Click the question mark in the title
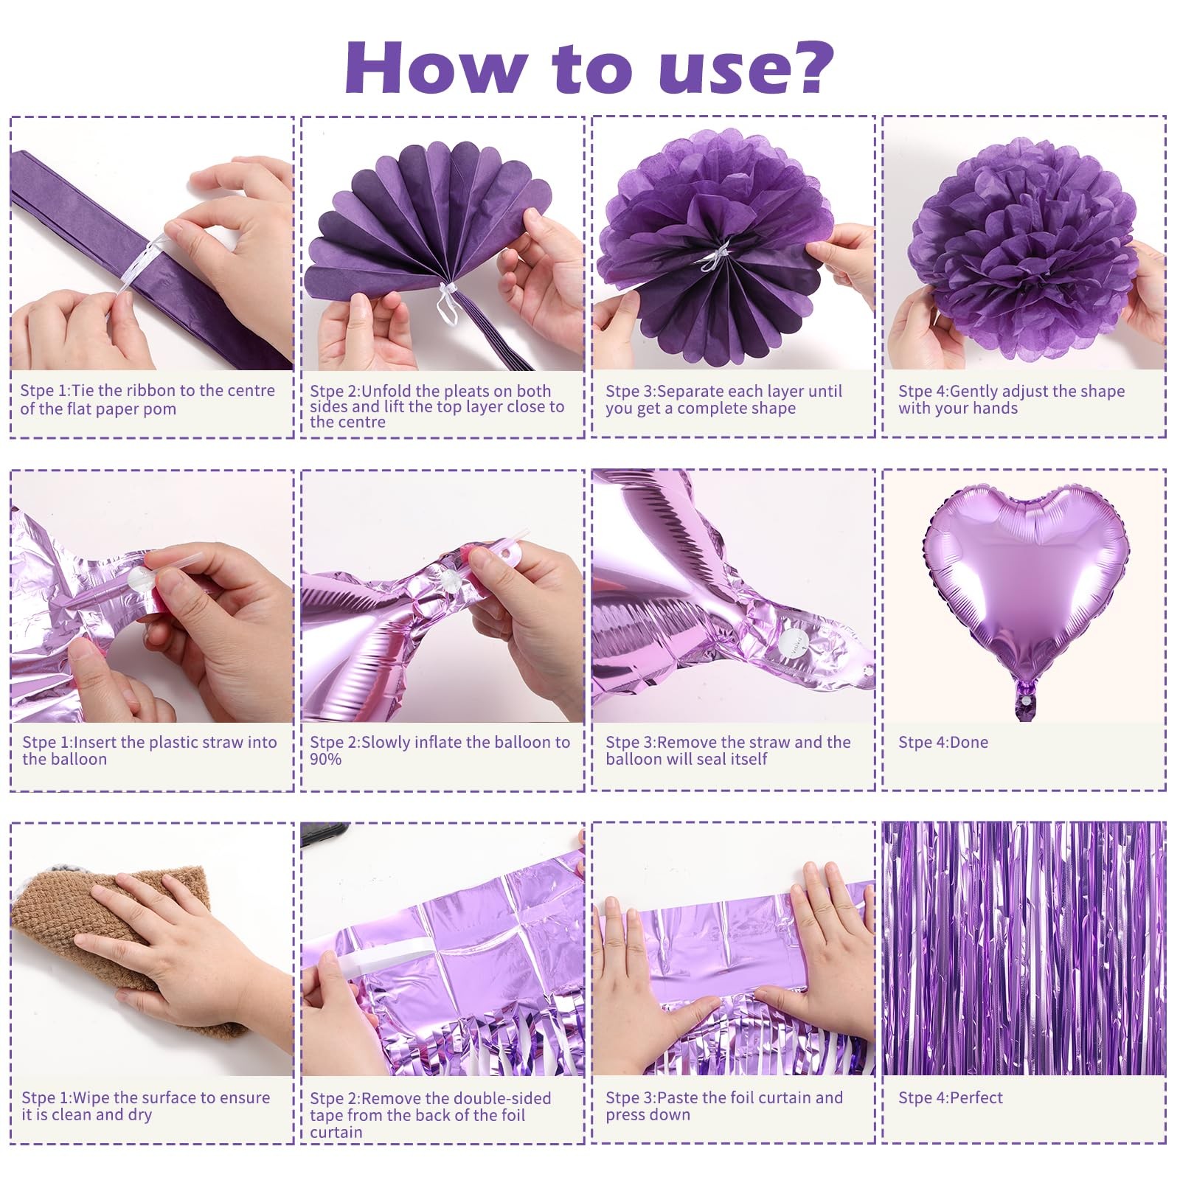(807, 68)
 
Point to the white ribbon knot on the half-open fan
(448, 301)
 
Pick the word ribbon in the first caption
(153, 391)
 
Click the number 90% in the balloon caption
(325, 759)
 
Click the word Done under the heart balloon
(965, 742)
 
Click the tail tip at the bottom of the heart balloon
(1024, 715)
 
